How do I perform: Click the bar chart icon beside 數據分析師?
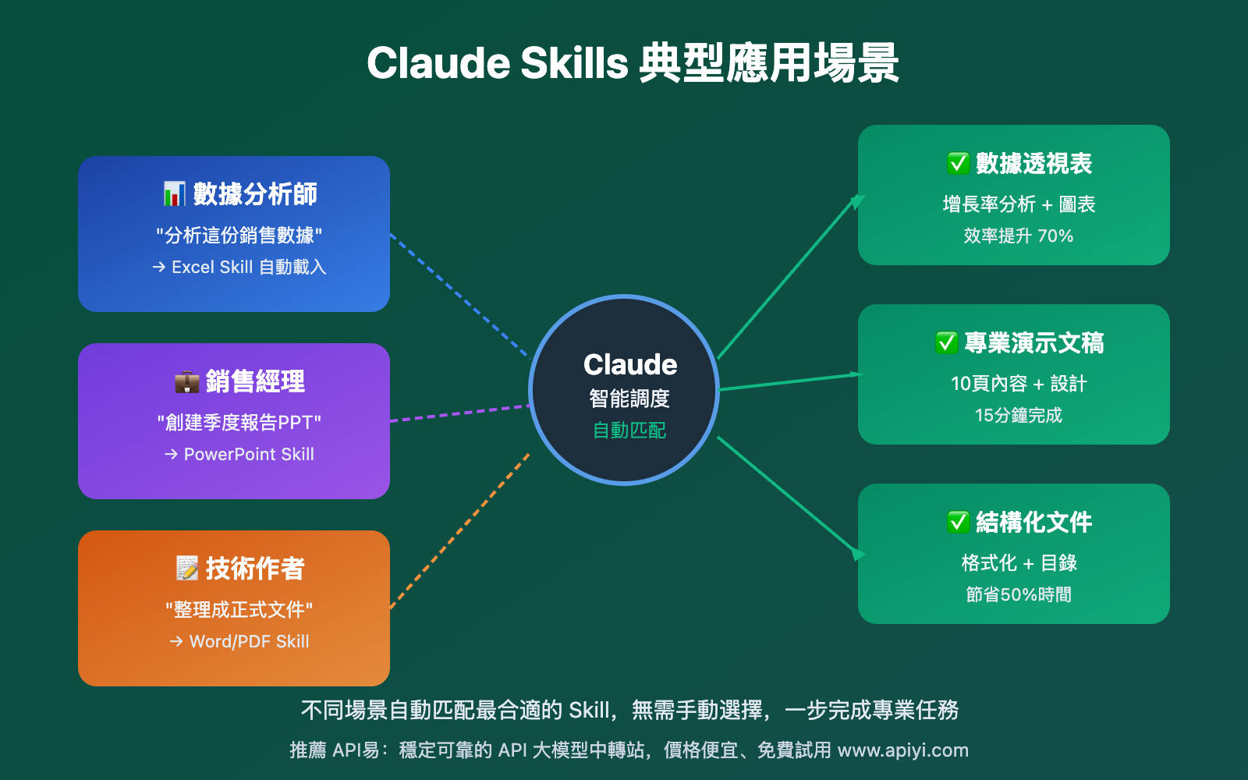click(x=174, y=193)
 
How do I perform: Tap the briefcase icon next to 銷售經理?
click(x=187, y=381)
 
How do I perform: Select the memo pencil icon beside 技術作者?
click(x=187, y=568)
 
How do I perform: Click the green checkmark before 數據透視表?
click(x=958, y=164)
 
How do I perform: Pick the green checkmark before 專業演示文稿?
click(x=946, y=343)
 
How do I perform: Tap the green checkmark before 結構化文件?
click(x=958, y=522)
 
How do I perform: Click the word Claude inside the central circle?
click(x=630, y=364)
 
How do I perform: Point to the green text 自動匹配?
click(x=629, y=431)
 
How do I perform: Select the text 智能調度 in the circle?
click(x=629, y=399)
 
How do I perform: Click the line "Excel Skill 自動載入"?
click(x=239, y=267)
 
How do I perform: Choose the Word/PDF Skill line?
click(x=240, y=641)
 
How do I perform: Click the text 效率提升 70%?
click(x=1018, y=236)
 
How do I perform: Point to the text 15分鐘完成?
click(x=1018, y=415)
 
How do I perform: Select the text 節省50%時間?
click(x=1018, y=594)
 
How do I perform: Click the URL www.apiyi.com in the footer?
click(x=902, y=750)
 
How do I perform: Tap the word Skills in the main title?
click(x=574, y=63)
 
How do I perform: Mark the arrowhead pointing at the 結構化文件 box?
click(x=859, y=554)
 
